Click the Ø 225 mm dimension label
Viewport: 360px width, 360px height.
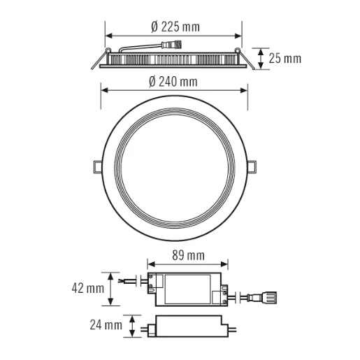pos(174,27)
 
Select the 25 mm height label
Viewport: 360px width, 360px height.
pos(285,58)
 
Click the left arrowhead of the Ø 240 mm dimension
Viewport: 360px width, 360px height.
pos(104,89)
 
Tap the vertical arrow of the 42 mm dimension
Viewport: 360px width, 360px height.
pos(110,288)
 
